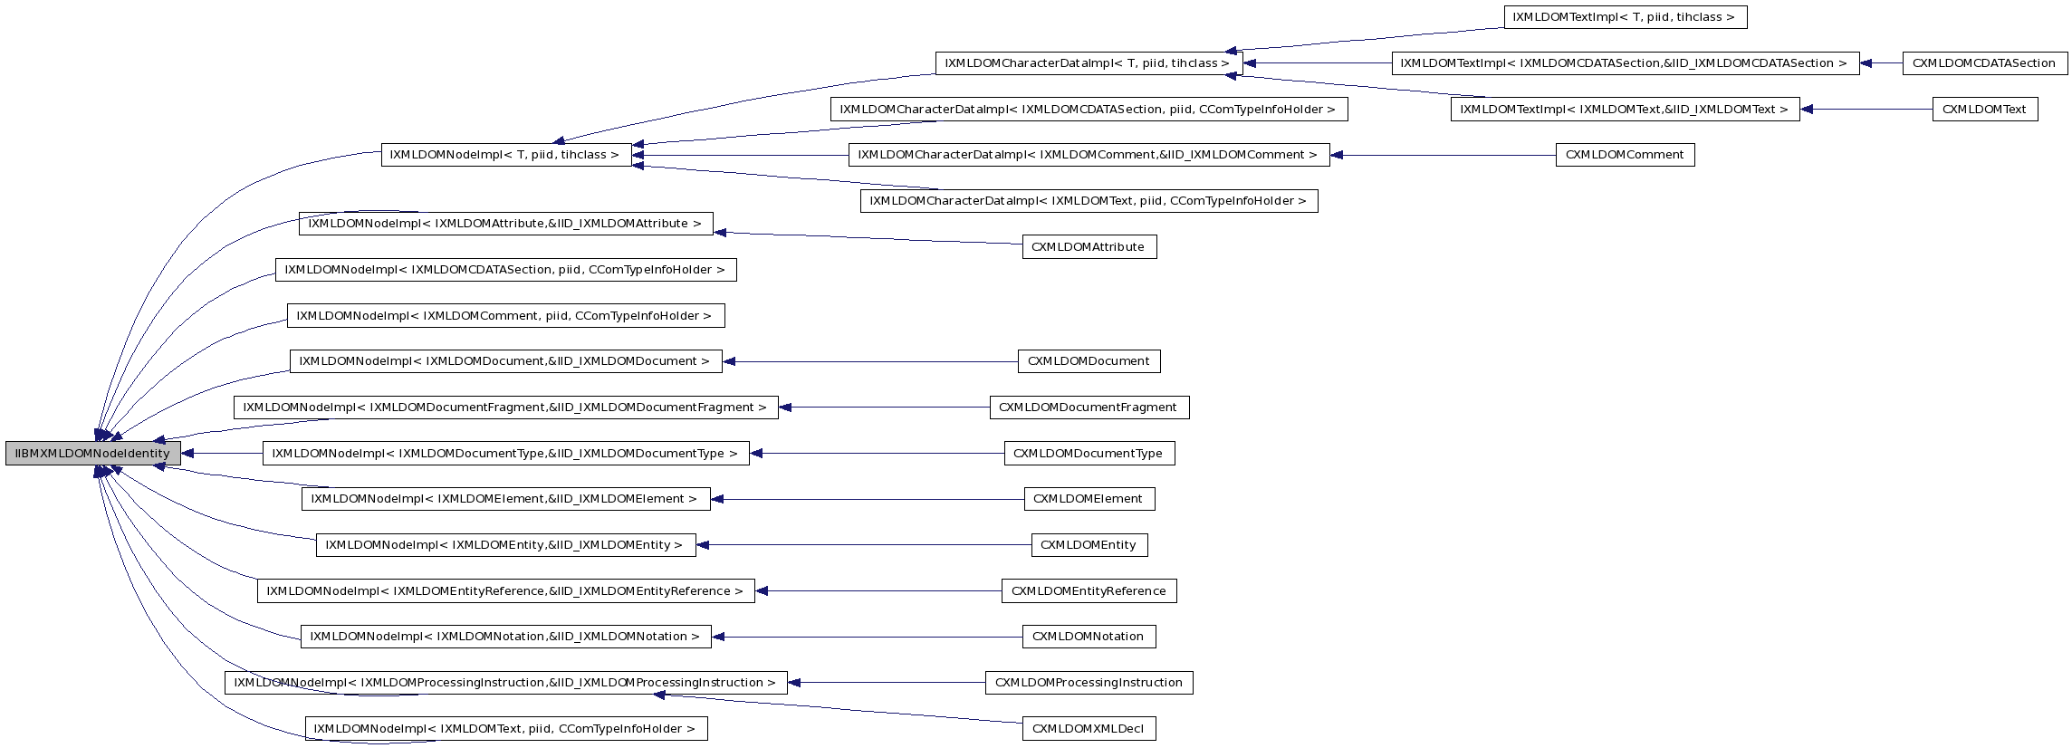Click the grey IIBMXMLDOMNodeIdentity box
[92, 454]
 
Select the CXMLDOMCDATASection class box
[1983, 63]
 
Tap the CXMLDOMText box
[1984, 110]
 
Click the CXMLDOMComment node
[1625, 155]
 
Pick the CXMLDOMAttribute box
[1089, 247]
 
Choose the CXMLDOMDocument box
[1089, 361]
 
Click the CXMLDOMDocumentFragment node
[1089, 408]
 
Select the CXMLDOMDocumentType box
[1089, 454]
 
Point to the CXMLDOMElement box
[1089, 499]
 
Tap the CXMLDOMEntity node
[1089, 545]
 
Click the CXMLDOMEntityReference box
[1089, 591]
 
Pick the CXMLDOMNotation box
[1089, 637]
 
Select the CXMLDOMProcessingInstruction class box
[1089, 683]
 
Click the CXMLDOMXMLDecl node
[1089, 729]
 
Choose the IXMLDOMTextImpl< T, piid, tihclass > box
[1625, 17]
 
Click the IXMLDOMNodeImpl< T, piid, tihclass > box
[505, 155]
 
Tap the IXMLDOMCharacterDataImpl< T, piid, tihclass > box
[1088, 63]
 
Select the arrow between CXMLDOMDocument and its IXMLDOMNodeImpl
[870, 362]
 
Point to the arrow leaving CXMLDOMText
[1866, 110]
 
